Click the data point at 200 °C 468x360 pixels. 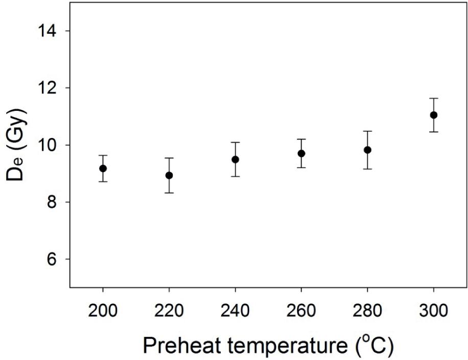pos(103,169)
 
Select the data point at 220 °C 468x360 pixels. pos(169,175)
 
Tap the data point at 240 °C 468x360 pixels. pos(235,159)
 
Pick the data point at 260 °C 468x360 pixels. pos(301,153)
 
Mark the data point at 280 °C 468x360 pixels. pos(367,150)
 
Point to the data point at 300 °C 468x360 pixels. pos(434,115)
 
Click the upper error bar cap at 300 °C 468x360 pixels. pos(434,98)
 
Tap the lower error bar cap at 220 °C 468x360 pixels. pos(169,193)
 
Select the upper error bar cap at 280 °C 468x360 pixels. pos(367,131)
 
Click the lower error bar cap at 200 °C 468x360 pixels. pos(103,181)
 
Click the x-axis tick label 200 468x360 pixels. pos(103,310)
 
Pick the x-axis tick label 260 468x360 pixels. pos(301,310)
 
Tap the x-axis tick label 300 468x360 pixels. pos(434,310)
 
